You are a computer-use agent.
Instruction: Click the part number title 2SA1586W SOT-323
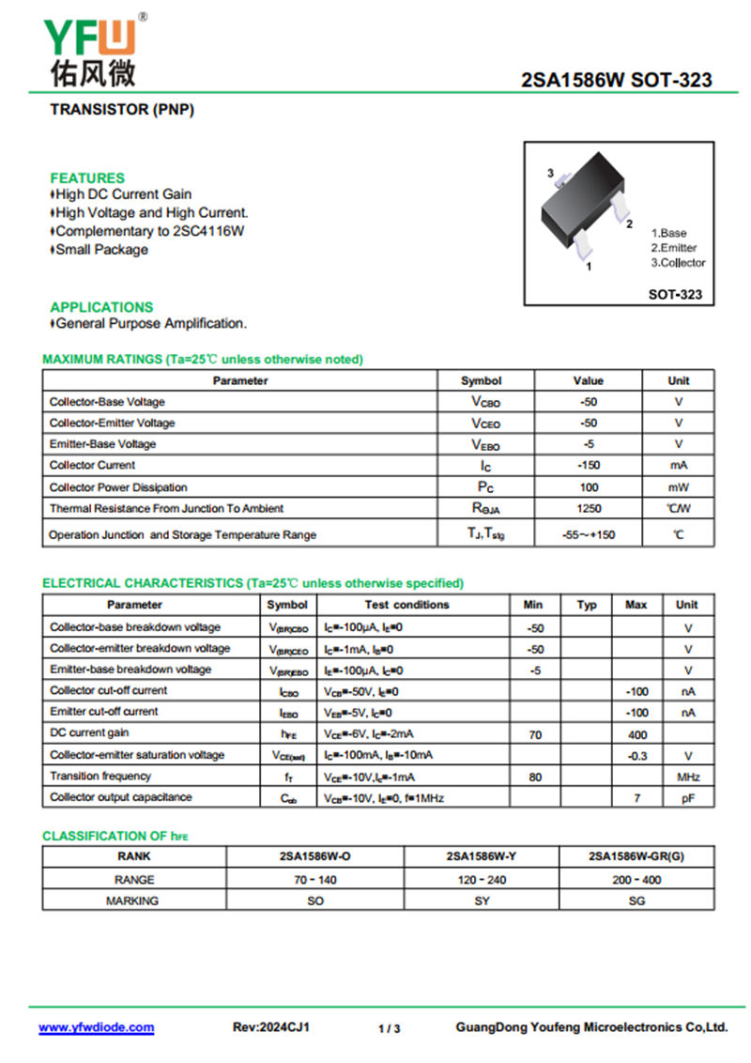pos(616,81)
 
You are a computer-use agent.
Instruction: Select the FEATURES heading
pos(87,177)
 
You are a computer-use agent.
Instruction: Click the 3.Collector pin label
pos(678,263)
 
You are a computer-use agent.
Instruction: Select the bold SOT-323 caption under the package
pos(675,295)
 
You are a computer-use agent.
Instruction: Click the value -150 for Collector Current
pos(588,465)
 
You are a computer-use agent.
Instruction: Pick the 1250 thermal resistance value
pos(588,508)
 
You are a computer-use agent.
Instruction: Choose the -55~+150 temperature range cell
pos(588,534)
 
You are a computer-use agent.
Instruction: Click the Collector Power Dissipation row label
pos(118,487)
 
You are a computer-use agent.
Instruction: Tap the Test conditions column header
pos(406,605)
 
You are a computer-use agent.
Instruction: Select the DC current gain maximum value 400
pos(636,733)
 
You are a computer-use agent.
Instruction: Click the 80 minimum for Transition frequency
pos(535,777)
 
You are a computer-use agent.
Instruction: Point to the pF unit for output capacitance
pos(687,798)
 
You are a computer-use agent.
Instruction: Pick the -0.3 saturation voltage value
pos(636,755)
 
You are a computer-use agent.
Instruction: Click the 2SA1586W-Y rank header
pos(482,856)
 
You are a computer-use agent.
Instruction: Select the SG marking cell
pos(636,901)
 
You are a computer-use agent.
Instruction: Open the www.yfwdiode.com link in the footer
pos(96,1028)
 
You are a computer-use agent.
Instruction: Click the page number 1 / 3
pos(390,1029)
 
